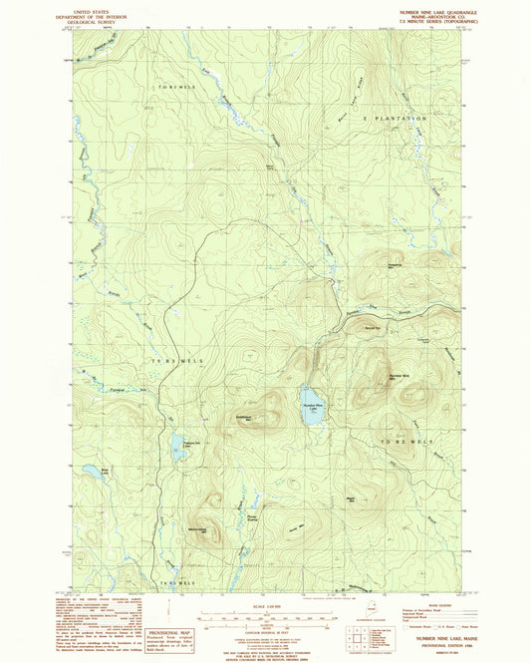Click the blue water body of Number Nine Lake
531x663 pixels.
point(312,407)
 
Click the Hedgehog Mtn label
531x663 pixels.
point(396,265)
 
